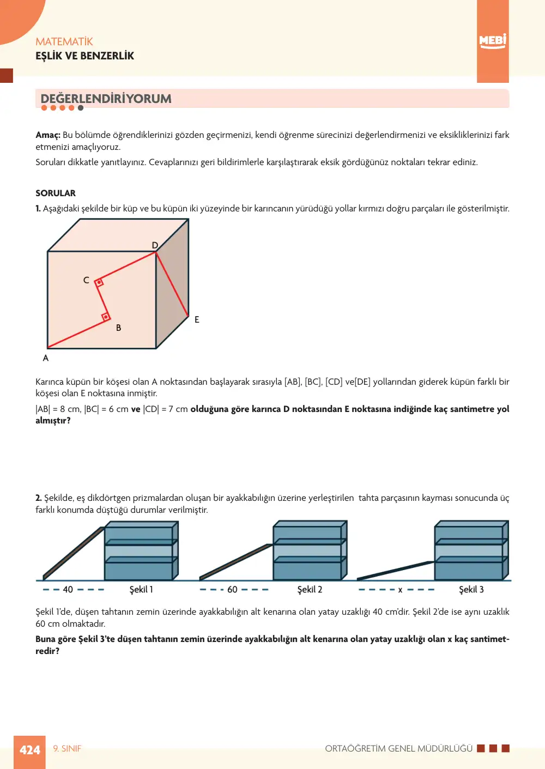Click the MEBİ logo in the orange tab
[x=493, y=41]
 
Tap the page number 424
[x=29, y=750]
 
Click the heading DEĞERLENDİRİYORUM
[x=106, y=99]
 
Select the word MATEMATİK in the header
[x=64, y=41]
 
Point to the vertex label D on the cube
[x=155, y=245]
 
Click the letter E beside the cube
[x=197, y=319]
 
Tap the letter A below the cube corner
[x=46, y=358]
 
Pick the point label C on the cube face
[x=86, y=280]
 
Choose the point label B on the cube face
[x=118, y=328]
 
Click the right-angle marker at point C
[x=99, y=282]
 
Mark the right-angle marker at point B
[x=106, y=317]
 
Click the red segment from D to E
[x=172, y=284]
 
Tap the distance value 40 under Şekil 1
[x=68, y=590]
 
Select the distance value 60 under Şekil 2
[x=232, y=590]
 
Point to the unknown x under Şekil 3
[x=400, y=590]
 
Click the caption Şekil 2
[x=310, y=590]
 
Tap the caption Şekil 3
[x=471, y=590]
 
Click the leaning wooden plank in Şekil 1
[x=73, y=554]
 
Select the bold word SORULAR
[x=56, y=193]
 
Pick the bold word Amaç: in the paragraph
[x=48, y=135]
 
